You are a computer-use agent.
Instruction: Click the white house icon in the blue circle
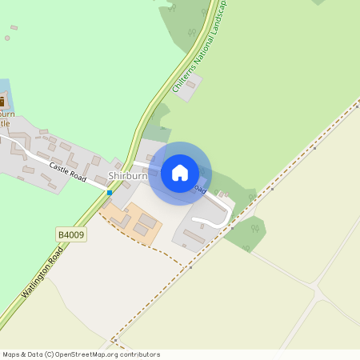click(180, 173)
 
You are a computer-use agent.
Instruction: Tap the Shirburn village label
click(127, 176)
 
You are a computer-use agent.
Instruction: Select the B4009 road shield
click(71, 234)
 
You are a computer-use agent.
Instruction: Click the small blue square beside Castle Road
click(110, 193)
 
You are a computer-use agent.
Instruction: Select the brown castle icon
click(2, 102)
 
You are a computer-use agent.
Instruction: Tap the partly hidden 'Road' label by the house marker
click(200, 190)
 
